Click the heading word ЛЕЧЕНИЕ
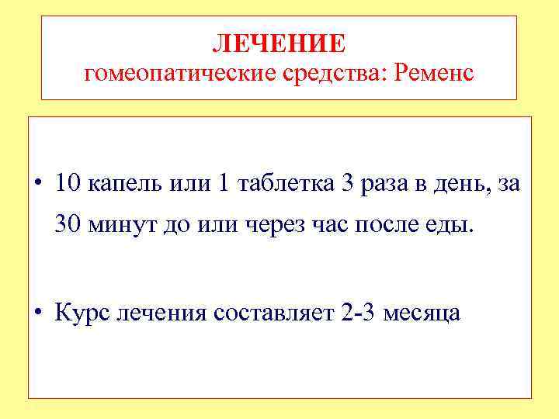click(279, 43)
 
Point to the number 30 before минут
click(68, 225)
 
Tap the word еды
click(447, 226)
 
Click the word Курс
click(79, 313)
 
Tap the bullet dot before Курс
click(38, 313)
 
